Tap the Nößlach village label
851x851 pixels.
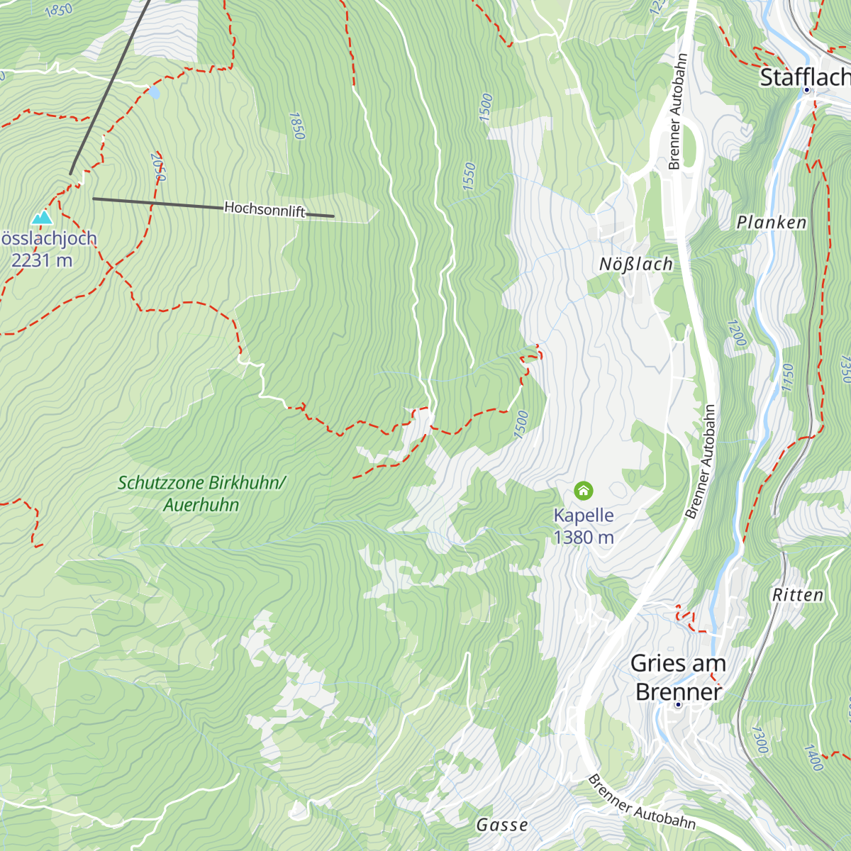[635, 265]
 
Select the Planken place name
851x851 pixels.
[772, 223]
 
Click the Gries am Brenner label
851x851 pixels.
[678, 677]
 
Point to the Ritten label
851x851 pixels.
[798, 595]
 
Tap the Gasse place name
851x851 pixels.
[502, 825]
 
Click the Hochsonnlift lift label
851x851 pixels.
[265, 209]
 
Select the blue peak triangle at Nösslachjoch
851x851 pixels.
[43, 218]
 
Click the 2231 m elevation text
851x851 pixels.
[42, 260]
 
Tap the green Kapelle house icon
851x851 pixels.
[584, 490]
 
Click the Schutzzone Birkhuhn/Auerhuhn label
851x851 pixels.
[201, 494]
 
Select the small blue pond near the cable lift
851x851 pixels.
[154, 92]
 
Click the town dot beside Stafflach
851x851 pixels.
[807, 91]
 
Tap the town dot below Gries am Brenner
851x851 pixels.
[678, 704]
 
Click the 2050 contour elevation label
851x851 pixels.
[158, 167]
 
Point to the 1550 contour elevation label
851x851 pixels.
[469, 176]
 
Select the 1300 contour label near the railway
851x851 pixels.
[759, 740]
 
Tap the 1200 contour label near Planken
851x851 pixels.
[736, 333]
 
